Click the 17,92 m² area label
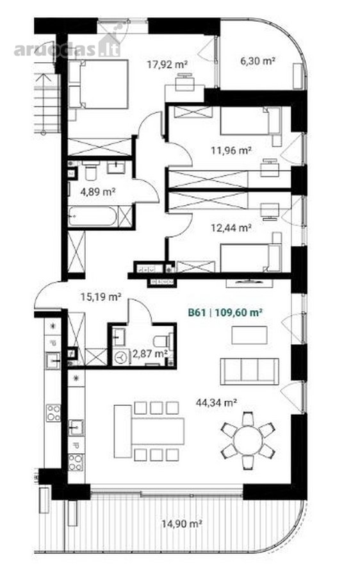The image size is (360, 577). click(x=167, y=65)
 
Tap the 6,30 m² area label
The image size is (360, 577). click(x=258, y=61)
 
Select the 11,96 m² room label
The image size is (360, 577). click(x=231, y=151)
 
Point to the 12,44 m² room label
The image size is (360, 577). click(x=231, y=228)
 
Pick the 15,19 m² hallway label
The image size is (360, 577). click(x=101, y=297)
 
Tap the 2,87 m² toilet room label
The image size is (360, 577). click(x=150, y=354)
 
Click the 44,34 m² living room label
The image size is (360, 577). click(x=217, y=403)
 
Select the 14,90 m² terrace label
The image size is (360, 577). click(x=182, y=524)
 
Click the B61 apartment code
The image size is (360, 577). click(x=197, y=313)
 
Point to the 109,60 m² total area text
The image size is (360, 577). click(x=238, y=313)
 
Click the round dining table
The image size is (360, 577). click(x=248, y=440)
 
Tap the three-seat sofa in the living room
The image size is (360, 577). click(x=249, y=371)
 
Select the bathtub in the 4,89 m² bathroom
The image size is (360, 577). click(x=94, y=217)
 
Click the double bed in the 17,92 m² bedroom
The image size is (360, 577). click(x=99, y=84)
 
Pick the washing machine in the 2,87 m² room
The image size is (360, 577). click(x=120, y=357)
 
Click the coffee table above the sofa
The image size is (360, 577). click(x=249, y=335)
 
